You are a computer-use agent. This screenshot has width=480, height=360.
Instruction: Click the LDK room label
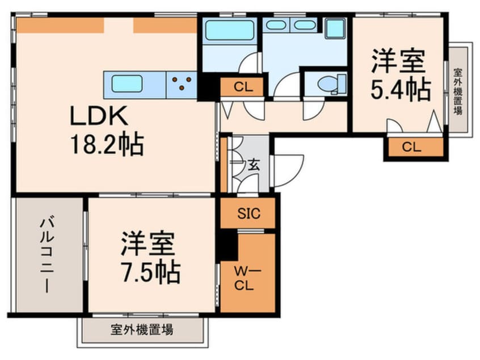click(x=100, y=118)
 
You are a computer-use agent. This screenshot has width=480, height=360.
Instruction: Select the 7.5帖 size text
click(x=150, y=273)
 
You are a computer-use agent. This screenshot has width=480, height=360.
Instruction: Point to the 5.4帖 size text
click(x=401, y=89)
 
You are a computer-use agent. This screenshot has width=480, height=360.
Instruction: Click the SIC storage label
click(x=248, y=214)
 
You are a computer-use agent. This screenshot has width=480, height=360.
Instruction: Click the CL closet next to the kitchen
click(x=241, y=87)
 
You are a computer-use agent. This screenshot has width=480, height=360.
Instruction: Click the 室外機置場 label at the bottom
click(x=142, y=329)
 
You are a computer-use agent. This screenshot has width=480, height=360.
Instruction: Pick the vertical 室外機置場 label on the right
click(x=457, y=91)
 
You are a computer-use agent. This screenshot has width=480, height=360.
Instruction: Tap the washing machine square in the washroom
click(x=335, y=28)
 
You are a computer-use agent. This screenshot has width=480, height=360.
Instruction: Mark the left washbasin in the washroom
click(x=276, y=25)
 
